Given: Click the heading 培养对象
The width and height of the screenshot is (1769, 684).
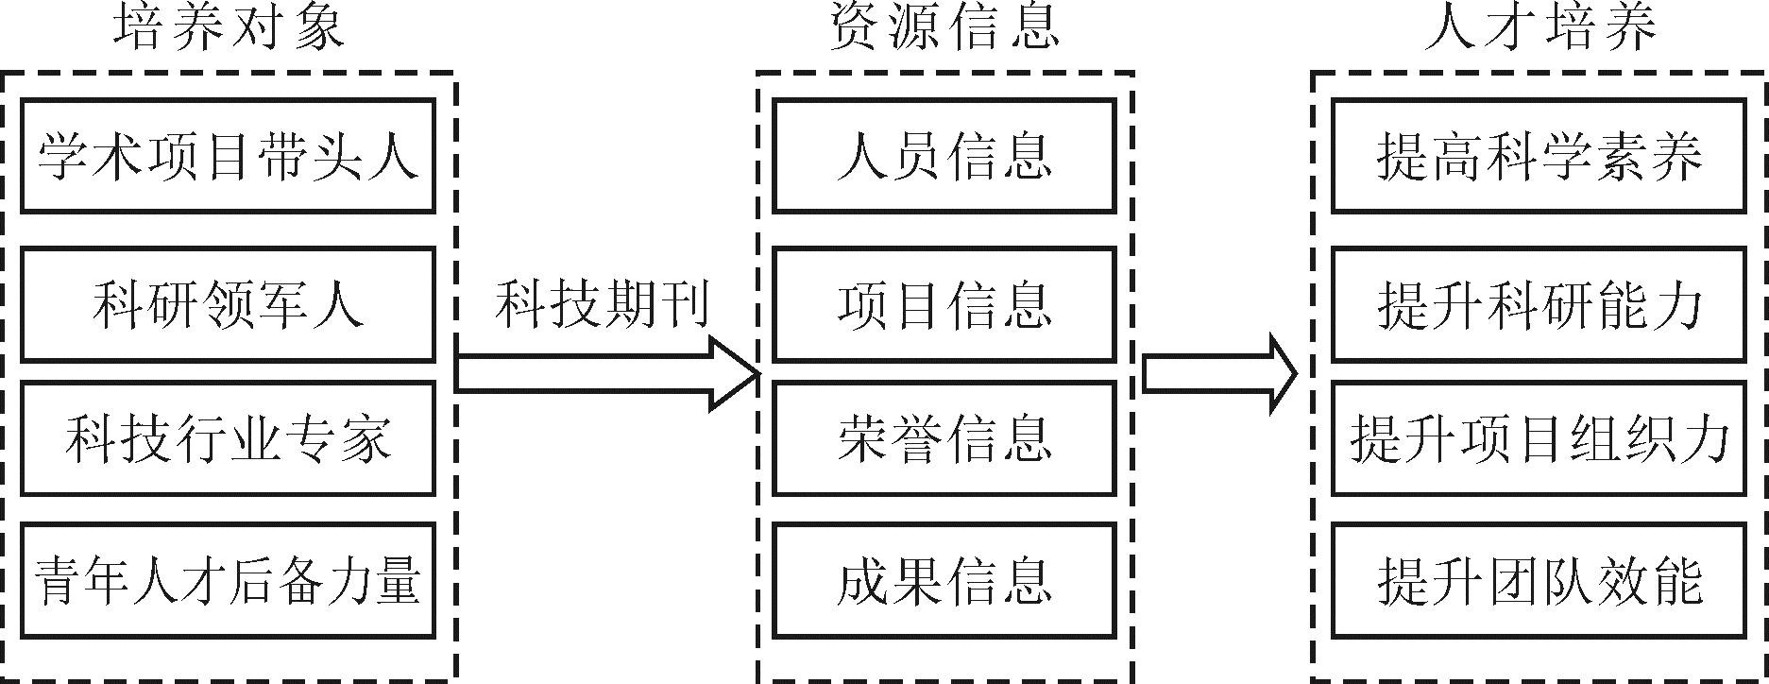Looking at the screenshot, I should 229,28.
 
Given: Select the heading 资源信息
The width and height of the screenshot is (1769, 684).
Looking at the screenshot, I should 944,28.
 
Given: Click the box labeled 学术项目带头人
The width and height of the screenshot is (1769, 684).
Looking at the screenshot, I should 228,156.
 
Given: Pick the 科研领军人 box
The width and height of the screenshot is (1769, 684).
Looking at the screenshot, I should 228,304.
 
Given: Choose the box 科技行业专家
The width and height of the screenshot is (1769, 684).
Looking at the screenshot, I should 228,438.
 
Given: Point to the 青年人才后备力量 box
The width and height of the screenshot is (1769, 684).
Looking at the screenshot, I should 228,579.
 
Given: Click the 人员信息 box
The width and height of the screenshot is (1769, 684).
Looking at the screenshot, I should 944,156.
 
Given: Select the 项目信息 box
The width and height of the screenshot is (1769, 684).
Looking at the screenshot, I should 944,304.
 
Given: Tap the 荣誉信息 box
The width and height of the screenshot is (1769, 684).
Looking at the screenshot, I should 944,438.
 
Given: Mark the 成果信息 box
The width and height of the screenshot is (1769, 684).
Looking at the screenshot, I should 944,579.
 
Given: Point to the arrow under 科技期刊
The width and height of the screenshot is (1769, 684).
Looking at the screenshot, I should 604,374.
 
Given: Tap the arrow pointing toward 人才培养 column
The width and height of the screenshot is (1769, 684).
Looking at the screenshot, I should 1218,374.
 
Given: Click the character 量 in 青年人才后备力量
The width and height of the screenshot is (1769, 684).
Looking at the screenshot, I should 397,579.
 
